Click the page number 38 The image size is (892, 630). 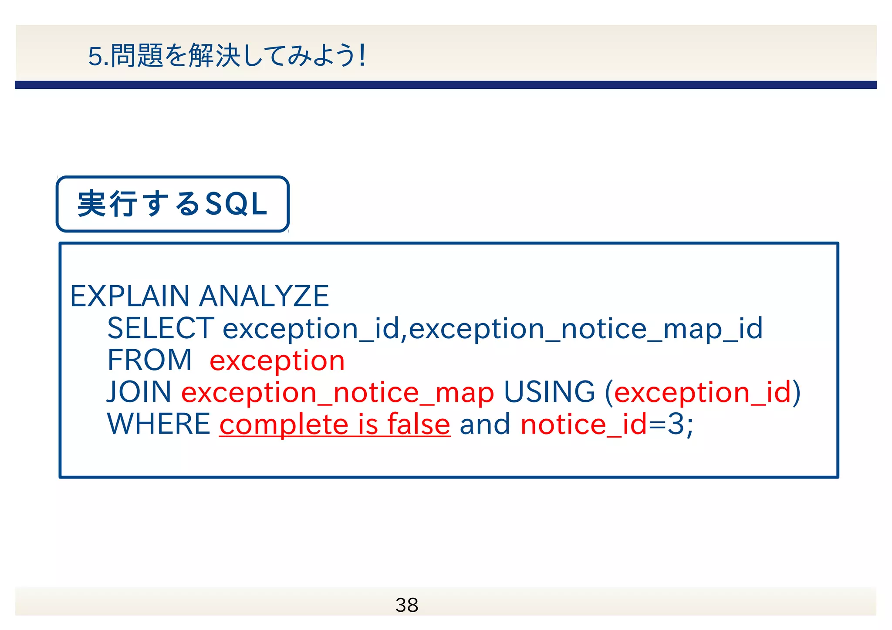(x=407, y=605)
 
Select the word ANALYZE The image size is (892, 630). (x=264, y=296)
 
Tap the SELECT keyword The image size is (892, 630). (x=160, y=328)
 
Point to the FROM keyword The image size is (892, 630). (x=149, y=360)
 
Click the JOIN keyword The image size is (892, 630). (x=139, y=392)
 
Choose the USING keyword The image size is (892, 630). (x=549, y=392)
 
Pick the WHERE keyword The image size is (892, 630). (x=159, y=424)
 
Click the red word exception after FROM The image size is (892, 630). (x=277, y=361)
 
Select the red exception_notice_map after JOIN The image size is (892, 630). (x=338, y=393)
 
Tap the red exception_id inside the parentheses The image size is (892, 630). (x=702, y=393)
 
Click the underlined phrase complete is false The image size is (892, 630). (x=334, y=424)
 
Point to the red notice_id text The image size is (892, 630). (x=584, y=424)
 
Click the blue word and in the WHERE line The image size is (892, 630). (x=485, y=424)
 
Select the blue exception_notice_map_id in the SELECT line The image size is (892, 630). (x=585, y=329)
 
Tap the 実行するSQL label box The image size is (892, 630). (x=172, y=204)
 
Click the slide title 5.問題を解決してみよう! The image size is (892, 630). (x=226, y=56)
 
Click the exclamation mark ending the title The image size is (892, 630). (x=362, y=56)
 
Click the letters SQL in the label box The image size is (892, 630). (x=236, y=204)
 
